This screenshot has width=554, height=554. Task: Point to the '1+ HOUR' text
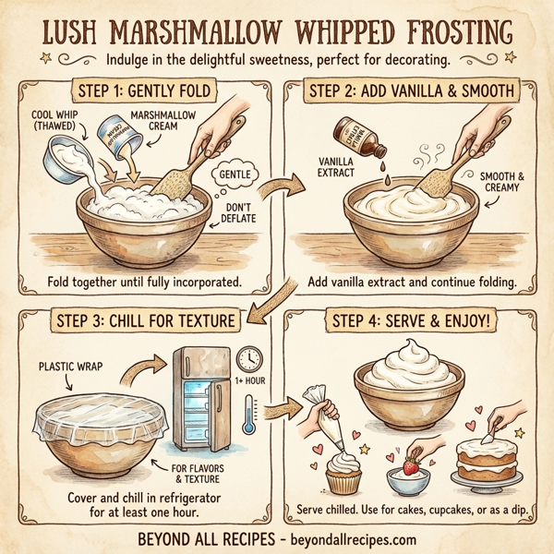[x=250, y=380]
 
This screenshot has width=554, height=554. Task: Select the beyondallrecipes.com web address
[x=346, y=539]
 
